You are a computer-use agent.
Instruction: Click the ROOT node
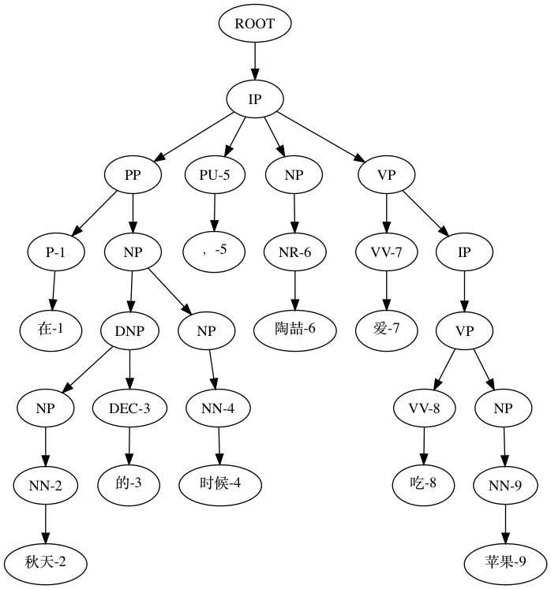(x=255, y=24)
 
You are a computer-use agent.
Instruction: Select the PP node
(x=133, y=176)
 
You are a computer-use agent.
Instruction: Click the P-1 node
(x=55, y=252)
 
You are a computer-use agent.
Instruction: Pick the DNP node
(x=130, y=330)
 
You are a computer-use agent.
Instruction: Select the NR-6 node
(x=295, y=252)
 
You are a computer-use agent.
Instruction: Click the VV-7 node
(x=386, y=252)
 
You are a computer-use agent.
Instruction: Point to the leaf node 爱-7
(x=386, y=328)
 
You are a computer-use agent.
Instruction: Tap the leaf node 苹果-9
(x=505, y=562)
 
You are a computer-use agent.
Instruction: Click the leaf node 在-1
(x=52, y=328)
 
